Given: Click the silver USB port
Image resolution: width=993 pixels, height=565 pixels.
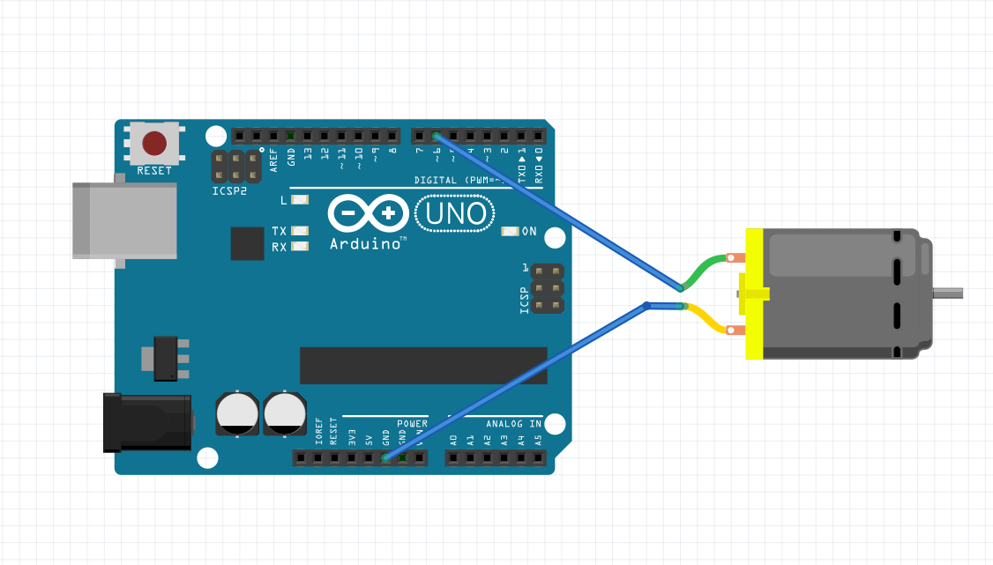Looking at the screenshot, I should point(123,220).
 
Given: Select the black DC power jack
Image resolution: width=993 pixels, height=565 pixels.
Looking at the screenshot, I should point(146,422).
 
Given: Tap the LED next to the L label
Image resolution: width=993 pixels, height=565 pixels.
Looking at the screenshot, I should point(300,200).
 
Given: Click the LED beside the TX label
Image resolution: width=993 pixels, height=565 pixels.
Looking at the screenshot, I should point(300,231).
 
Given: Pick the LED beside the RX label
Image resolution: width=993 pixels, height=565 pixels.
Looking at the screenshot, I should point(300,247).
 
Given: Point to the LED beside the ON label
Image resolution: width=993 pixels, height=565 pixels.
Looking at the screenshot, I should point(510,232).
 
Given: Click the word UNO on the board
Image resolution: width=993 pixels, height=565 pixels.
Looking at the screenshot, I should point(456,213).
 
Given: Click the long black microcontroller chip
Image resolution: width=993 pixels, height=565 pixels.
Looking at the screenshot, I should point(423,365).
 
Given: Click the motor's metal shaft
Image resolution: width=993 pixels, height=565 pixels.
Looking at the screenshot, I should point(949,293).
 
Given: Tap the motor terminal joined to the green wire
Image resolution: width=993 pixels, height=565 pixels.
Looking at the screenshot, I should point(737,258).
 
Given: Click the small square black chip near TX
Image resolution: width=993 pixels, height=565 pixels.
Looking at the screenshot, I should point(247,243).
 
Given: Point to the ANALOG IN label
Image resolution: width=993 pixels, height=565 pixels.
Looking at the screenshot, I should point(511,424).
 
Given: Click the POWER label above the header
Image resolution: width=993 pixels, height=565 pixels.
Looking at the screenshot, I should point(412,424).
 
